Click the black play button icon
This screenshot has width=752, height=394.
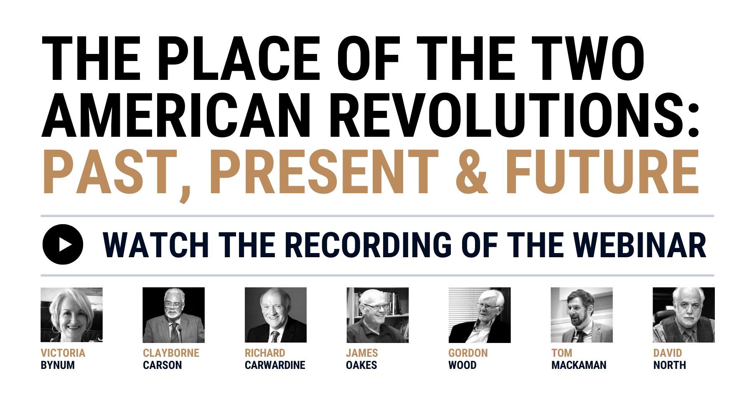[x=63, y=244]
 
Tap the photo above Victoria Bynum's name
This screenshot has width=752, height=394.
[x=71, y=315]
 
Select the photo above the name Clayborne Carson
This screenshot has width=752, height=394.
[x=174, y=315]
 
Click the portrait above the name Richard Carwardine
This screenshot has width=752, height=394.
[x=276, y=315]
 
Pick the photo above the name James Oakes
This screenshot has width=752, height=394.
[x=378, y=315]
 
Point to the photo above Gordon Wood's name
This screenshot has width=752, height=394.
[x=480, y=315]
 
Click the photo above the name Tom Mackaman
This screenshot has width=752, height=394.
[x=582, y=315]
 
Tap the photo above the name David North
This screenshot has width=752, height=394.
[x=684, y=315]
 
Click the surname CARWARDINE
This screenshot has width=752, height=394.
[x=275, y=365]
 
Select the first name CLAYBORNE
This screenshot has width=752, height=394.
[x=171, y=353]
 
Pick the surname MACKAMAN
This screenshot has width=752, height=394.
[x=579, y=365]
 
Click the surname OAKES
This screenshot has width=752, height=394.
[x=361, y=365]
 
